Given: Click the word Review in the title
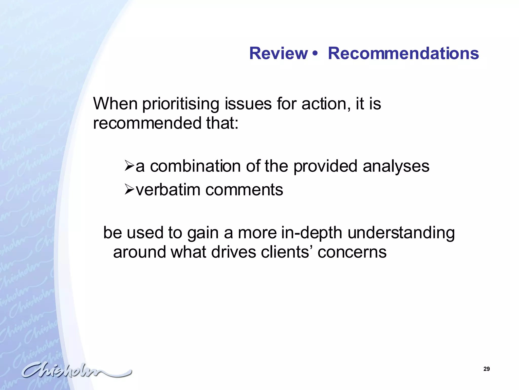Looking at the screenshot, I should coord(278,54).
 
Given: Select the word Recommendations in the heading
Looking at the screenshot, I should coord(403,54).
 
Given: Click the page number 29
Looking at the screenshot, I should coord(486,369).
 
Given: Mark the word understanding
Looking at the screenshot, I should coord(401,233).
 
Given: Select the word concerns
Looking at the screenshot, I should coord(352,252).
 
